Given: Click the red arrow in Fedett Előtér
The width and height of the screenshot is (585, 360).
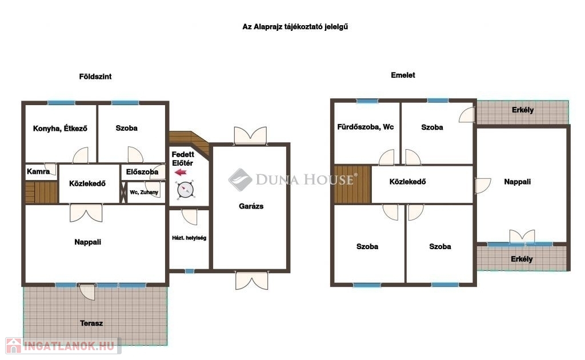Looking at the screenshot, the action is point(181,172).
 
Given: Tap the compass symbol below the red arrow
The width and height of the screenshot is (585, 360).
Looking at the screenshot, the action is point(186,190).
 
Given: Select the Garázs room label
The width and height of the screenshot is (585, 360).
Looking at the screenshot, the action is point(251,206).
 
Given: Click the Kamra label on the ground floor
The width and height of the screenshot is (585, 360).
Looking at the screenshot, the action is point(38,171).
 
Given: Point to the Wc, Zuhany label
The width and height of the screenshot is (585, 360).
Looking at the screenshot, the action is point(144,193).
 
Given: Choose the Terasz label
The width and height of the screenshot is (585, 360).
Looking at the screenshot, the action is point(91,323).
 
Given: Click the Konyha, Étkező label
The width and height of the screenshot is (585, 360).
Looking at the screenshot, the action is point(60,129).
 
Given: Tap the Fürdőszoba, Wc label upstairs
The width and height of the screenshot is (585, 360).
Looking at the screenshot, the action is point(365,127).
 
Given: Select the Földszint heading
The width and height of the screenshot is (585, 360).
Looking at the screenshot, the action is point(95,77).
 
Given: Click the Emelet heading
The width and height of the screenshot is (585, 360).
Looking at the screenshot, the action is point(403,75).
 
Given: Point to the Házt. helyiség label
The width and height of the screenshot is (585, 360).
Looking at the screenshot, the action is point(189,238).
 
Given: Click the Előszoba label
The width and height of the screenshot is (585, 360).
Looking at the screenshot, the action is point(142,172).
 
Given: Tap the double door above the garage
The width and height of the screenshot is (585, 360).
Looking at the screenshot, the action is point(250,135).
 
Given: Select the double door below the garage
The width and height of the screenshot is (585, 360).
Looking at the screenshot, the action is point(251,281).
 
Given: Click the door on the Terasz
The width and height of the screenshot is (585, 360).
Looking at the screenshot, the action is point(87,292).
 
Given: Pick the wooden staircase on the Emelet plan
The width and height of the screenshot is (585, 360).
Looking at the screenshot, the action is point(352,185).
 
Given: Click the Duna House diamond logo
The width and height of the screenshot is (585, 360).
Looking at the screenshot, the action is point(240,179).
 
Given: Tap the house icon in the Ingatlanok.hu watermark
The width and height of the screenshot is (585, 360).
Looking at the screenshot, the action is point(14,346).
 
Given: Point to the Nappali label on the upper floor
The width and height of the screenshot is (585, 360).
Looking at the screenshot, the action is point(517,182).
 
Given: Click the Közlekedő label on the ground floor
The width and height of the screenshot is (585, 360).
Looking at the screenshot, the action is point(87,183).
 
